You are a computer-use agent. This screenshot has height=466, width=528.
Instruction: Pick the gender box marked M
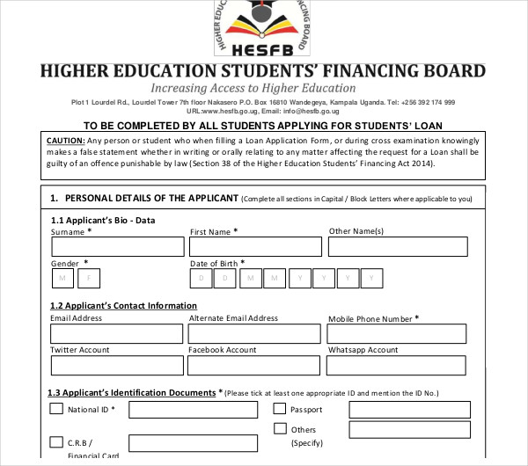click(62, 279)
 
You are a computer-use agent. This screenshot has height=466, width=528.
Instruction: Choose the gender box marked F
click(89, 279)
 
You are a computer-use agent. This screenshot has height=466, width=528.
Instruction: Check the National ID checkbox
click(56, 409)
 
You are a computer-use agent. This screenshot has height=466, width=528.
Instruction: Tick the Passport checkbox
click(280, 409)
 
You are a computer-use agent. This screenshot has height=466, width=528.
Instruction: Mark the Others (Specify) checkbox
click(280, 429)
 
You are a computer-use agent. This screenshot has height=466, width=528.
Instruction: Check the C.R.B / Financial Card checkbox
click(56, 441)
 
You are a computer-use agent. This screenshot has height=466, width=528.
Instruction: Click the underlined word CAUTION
click(66, 140)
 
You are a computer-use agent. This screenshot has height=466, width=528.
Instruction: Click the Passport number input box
click(385, 410)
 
